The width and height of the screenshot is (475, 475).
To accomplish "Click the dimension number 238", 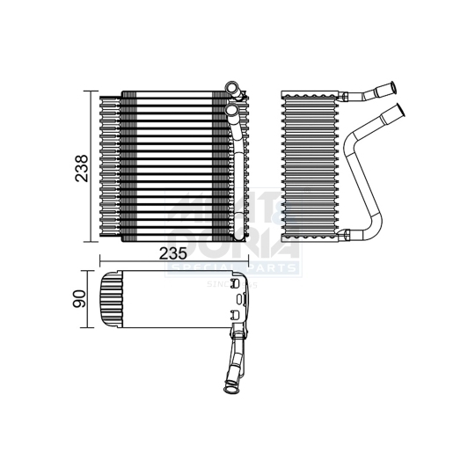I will click(x=81, y=165).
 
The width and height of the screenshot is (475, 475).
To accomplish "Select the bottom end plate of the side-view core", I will click(x=308, y=237).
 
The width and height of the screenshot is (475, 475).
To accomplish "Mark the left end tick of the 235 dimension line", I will click(x=102, y=260).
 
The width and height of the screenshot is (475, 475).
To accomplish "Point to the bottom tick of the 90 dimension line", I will click(x=91, y=328).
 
